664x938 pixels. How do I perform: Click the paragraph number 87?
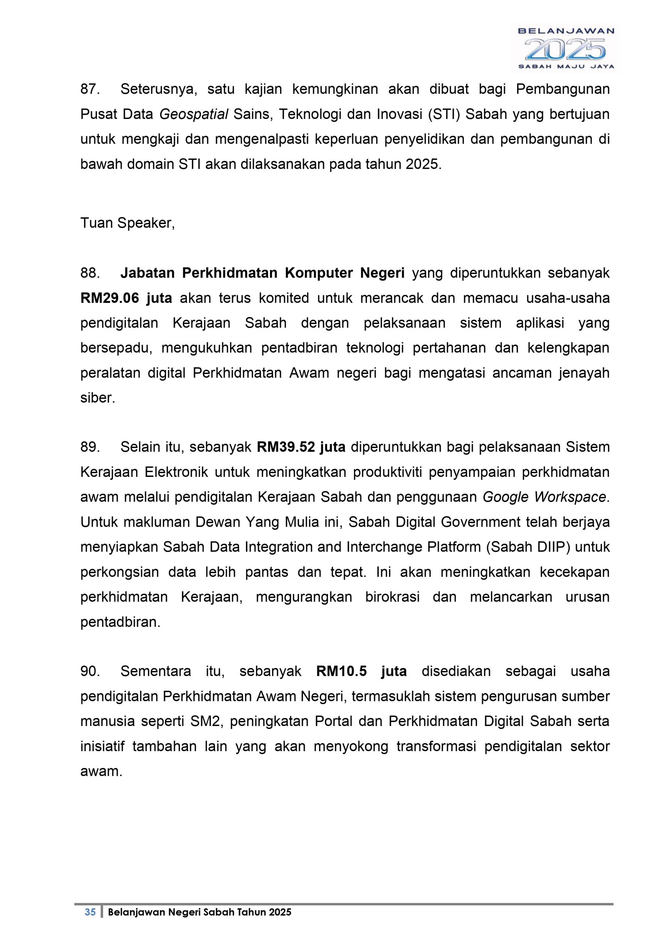pos(90,89)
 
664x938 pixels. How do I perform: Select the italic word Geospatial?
pos(193,115)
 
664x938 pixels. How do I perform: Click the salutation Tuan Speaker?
pos(128,223)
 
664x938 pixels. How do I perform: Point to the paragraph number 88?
pos(90,273)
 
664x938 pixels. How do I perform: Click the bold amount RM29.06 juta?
pos(126,298)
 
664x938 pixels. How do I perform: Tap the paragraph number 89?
pos(90,447)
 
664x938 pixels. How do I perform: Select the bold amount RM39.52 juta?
pos(301,447)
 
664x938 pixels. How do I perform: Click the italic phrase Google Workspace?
pos(544,497)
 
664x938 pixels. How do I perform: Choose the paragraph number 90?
pos(90,672)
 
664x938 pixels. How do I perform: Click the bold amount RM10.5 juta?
pos(361,672)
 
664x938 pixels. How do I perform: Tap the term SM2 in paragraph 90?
pos(206,722)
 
